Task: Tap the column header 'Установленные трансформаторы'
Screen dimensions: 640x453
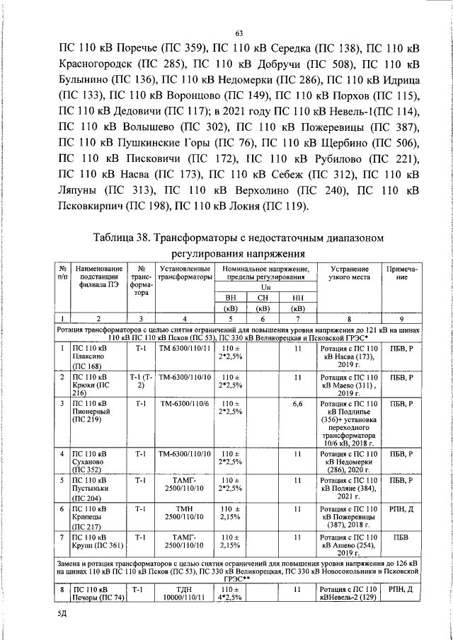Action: coord(185,274)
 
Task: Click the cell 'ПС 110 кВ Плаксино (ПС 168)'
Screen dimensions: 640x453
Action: coord(91,356)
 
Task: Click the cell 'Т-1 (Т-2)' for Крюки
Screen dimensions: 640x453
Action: coord(142,381)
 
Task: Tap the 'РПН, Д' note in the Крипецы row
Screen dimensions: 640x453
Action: coord(401,509)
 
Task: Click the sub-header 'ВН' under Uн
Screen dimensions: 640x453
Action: coord(229,298)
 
